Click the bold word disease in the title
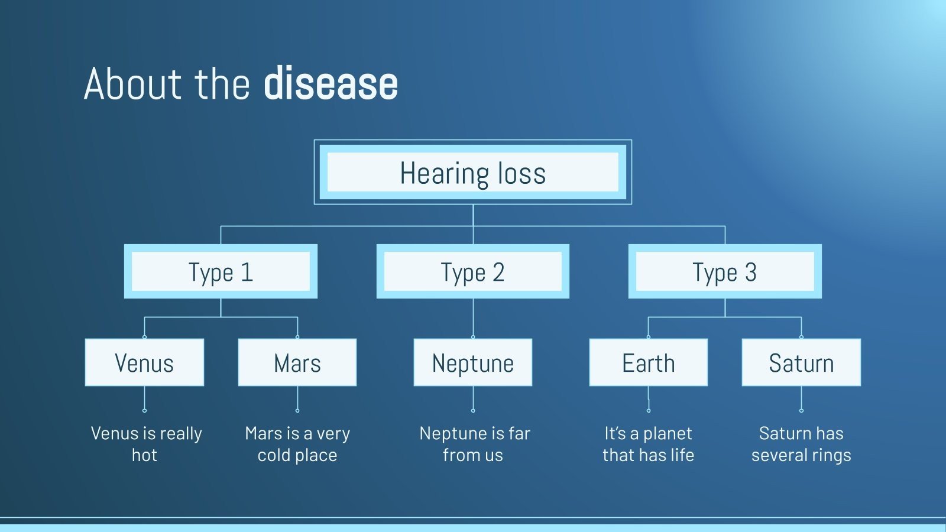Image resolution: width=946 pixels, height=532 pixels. [x=331, y=84]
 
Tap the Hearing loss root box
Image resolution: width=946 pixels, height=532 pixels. [x=472, y=173]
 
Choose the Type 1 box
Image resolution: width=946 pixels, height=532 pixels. [x=221, y=272]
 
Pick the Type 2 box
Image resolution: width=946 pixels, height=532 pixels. [x=472, y=272]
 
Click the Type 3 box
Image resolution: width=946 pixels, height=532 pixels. [x=724, y=272]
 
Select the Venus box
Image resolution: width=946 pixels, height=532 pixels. [x=144, y=362]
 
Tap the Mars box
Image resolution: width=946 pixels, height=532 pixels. [x=297, y=362]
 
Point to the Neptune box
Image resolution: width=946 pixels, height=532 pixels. [x=472, y=362]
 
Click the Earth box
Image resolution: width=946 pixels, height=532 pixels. [x=648, y=362]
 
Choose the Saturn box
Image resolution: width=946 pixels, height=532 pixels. [x=801, y=362]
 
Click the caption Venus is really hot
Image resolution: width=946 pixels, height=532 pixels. [x=145, y=444]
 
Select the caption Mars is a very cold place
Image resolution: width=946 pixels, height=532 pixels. [x=297, y=444]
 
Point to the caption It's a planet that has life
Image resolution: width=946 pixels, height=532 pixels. [x=648, y=444]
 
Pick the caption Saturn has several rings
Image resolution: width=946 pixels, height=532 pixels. [x=801, y=444]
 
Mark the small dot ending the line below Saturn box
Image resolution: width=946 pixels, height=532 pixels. [x=801, y=410]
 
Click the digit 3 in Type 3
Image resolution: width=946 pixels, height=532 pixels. [x=750, y=273]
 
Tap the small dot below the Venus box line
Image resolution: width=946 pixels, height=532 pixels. [x=144, y=410]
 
